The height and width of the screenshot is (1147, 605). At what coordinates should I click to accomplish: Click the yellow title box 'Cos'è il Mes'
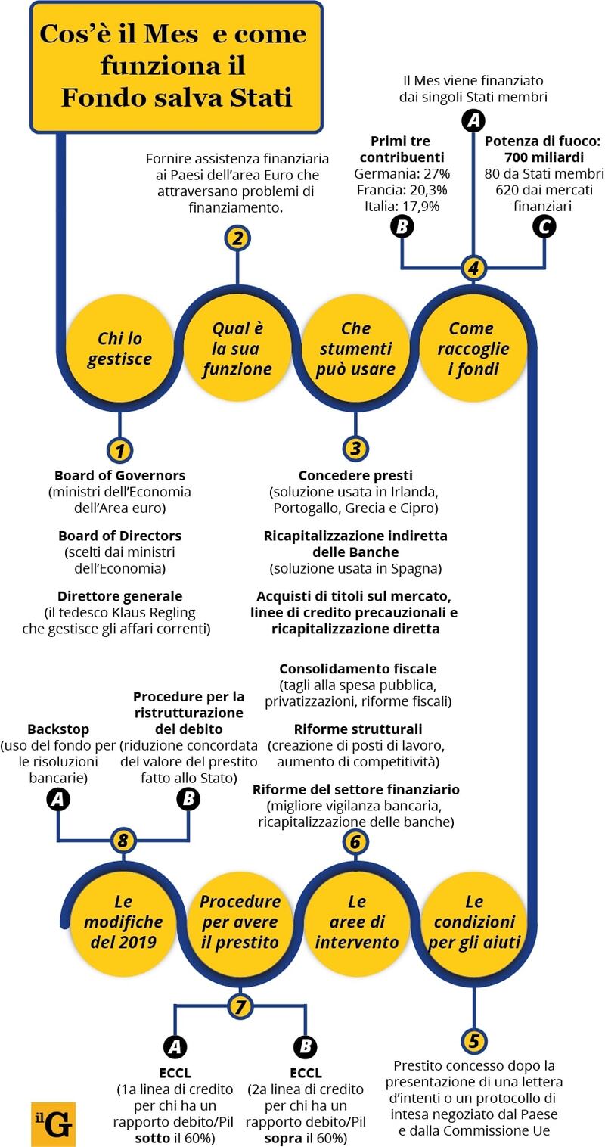pyautogui.click(x=177, y=66)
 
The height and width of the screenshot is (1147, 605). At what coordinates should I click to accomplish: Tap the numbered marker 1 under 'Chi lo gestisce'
pyautogui.click(x=119, y=451)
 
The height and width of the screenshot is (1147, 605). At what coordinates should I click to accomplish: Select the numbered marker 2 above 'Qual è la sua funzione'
pyautogui.click(x=237, y=238)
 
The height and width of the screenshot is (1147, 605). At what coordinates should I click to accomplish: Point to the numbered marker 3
pyautogui.click(x=355, y=449)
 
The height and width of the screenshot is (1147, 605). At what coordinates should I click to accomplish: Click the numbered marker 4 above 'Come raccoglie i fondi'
pyautogui.click(x=473, y=268)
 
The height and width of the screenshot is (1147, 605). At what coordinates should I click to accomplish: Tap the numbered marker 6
pyautogui.click(x=355, y=841)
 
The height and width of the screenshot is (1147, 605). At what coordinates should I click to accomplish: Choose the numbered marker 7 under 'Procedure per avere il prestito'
pyautogui.click(x=240, y=1006)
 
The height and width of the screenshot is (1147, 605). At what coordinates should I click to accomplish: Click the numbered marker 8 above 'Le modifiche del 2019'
pyautogui.click(x=123, y=841)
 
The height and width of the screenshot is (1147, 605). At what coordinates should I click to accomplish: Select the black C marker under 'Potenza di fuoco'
pyautogui.click(x=544, y=226)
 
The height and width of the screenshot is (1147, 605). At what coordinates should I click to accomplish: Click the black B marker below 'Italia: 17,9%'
pyautogui.click(x=402, y=226)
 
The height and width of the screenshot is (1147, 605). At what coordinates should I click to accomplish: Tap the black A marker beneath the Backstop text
pyautogui.click(x=57, y=798)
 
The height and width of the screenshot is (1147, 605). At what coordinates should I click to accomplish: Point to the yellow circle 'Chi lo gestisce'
pyautogui.click(x=119, y=349)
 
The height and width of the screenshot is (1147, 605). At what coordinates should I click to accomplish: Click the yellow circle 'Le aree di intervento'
pyautogui.click(x=356, y=922)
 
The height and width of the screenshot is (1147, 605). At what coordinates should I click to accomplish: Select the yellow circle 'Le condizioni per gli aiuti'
pyautogui.click(x=474, y=922)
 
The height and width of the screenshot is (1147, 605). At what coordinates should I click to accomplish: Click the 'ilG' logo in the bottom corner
pyautogui.click(x=53, y=1124)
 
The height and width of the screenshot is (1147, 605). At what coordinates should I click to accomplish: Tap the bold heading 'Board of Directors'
pyautogui.click(x=119, y=536)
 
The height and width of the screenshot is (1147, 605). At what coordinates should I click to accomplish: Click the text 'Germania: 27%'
pyautogui.click(x=402, y=173)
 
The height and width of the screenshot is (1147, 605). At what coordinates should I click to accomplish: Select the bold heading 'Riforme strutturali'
pyautogui.click(x=358, y=729)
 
